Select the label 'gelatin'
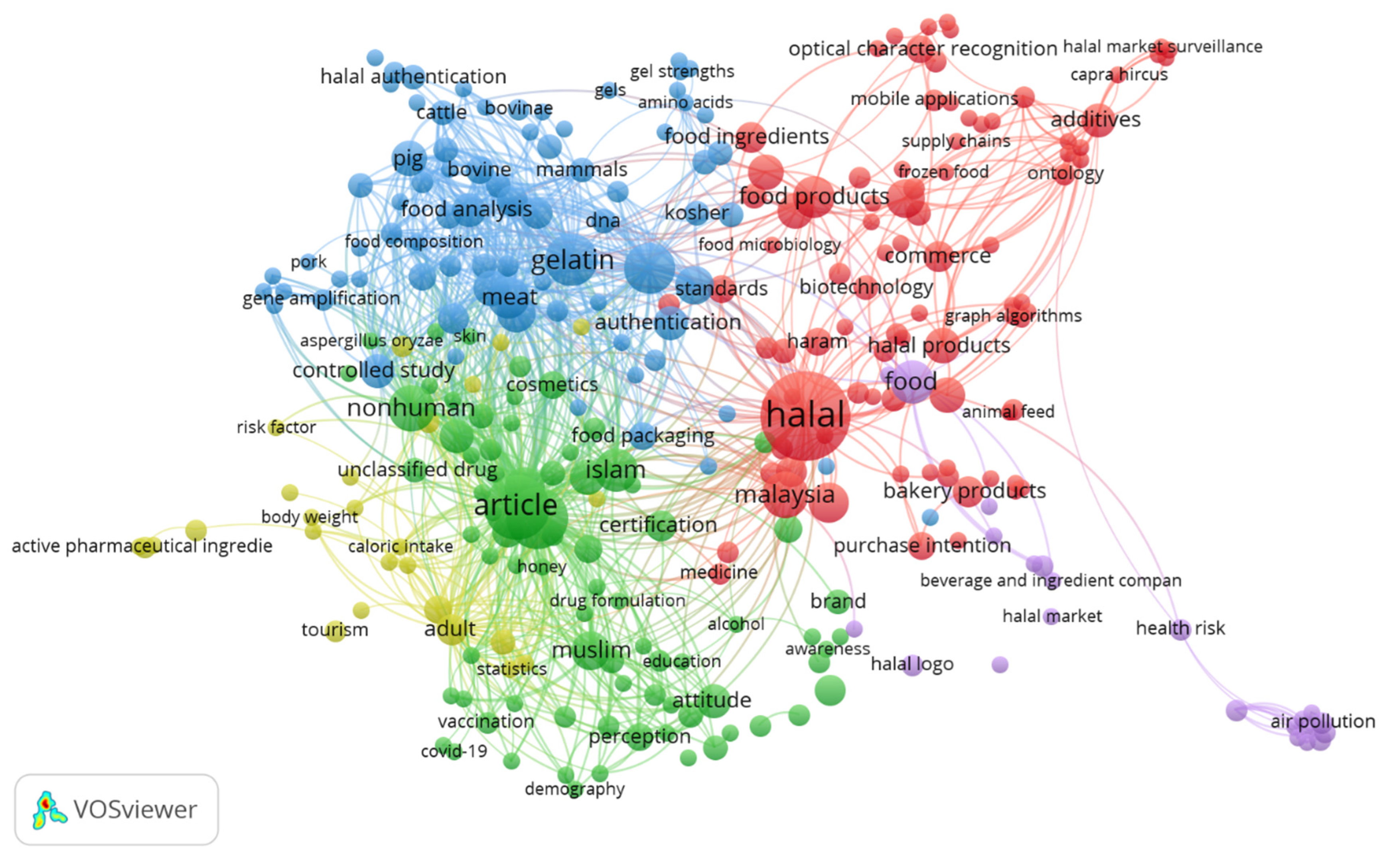572,260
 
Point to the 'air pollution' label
1322,721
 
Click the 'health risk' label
1180,628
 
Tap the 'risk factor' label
276,427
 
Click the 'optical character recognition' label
922,49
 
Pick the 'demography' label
574,788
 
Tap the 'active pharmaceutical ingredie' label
142,546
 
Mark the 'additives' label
1095,119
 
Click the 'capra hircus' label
1119,74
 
